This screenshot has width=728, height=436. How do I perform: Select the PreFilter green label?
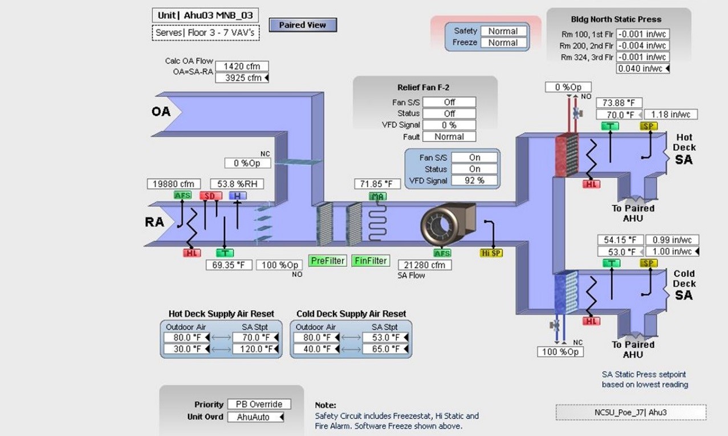pyautogui.click(x=328, y=261)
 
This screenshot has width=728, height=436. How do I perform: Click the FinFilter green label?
pyautogui.click(x=371, y=261)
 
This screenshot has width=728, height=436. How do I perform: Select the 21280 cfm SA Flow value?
pyautogui.click(x=424, y=265)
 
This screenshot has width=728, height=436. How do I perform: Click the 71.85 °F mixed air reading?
pyautogui.click(x=377, y=184)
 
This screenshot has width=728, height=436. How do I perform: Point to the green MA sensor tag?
pyautogui.click(x=377, y=196)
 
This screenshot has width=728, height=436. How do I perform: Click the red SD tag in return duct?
pyautogui.click(x=210, y=196)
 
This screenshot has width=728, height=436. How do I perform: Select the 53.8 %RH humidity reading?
pyautogui.click(x=237, y=184)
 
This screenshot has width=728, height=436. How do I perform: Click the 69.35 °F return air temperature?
pyautogui.click(x=228, y=265)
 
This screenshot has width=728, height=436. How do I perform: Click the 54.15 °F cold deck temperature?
pyautogui.click(x=620, y=240)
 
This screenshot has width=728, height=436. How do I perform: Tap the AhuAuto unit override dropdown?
pyautogui.click(x=256, y=417)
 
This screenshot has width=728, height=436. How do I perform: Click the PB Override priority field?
pyautogui.click(x=259, y=404)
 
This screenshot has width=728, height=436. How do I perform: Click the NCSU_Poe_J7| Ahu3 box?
pyautogui.click(x=631, y=412)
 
